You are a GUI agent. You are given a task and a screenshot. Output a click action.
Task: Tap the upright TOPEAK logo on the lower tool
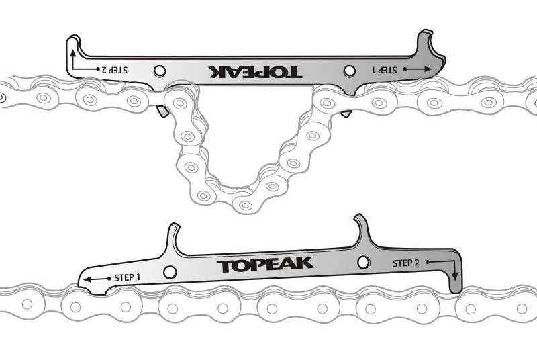(265, 264)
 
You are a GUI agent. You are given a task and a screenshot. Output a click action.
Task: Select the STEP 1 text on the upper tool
(386, 69)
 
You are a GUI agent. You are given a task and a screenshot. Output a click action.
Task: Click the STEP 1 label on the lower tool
(128, 277)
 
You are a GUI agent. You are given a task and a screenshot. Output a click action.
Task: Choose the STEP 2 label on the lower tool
(406, 263)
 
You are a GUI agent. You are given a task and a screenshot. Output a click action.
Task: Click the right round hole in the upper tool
(348, 71)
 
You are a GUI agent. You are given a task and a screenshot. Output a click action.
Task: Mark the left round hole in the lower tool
(170, 272)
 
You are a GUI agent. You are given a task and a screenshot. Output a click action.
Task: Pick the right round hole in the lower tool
(363, 262)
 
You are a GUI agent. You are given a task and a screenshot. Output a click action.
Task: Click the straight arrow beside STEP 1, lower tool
(97, 278)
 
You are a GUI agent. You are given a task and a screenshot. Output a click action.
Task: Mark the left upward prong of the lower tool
(173, 235)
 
